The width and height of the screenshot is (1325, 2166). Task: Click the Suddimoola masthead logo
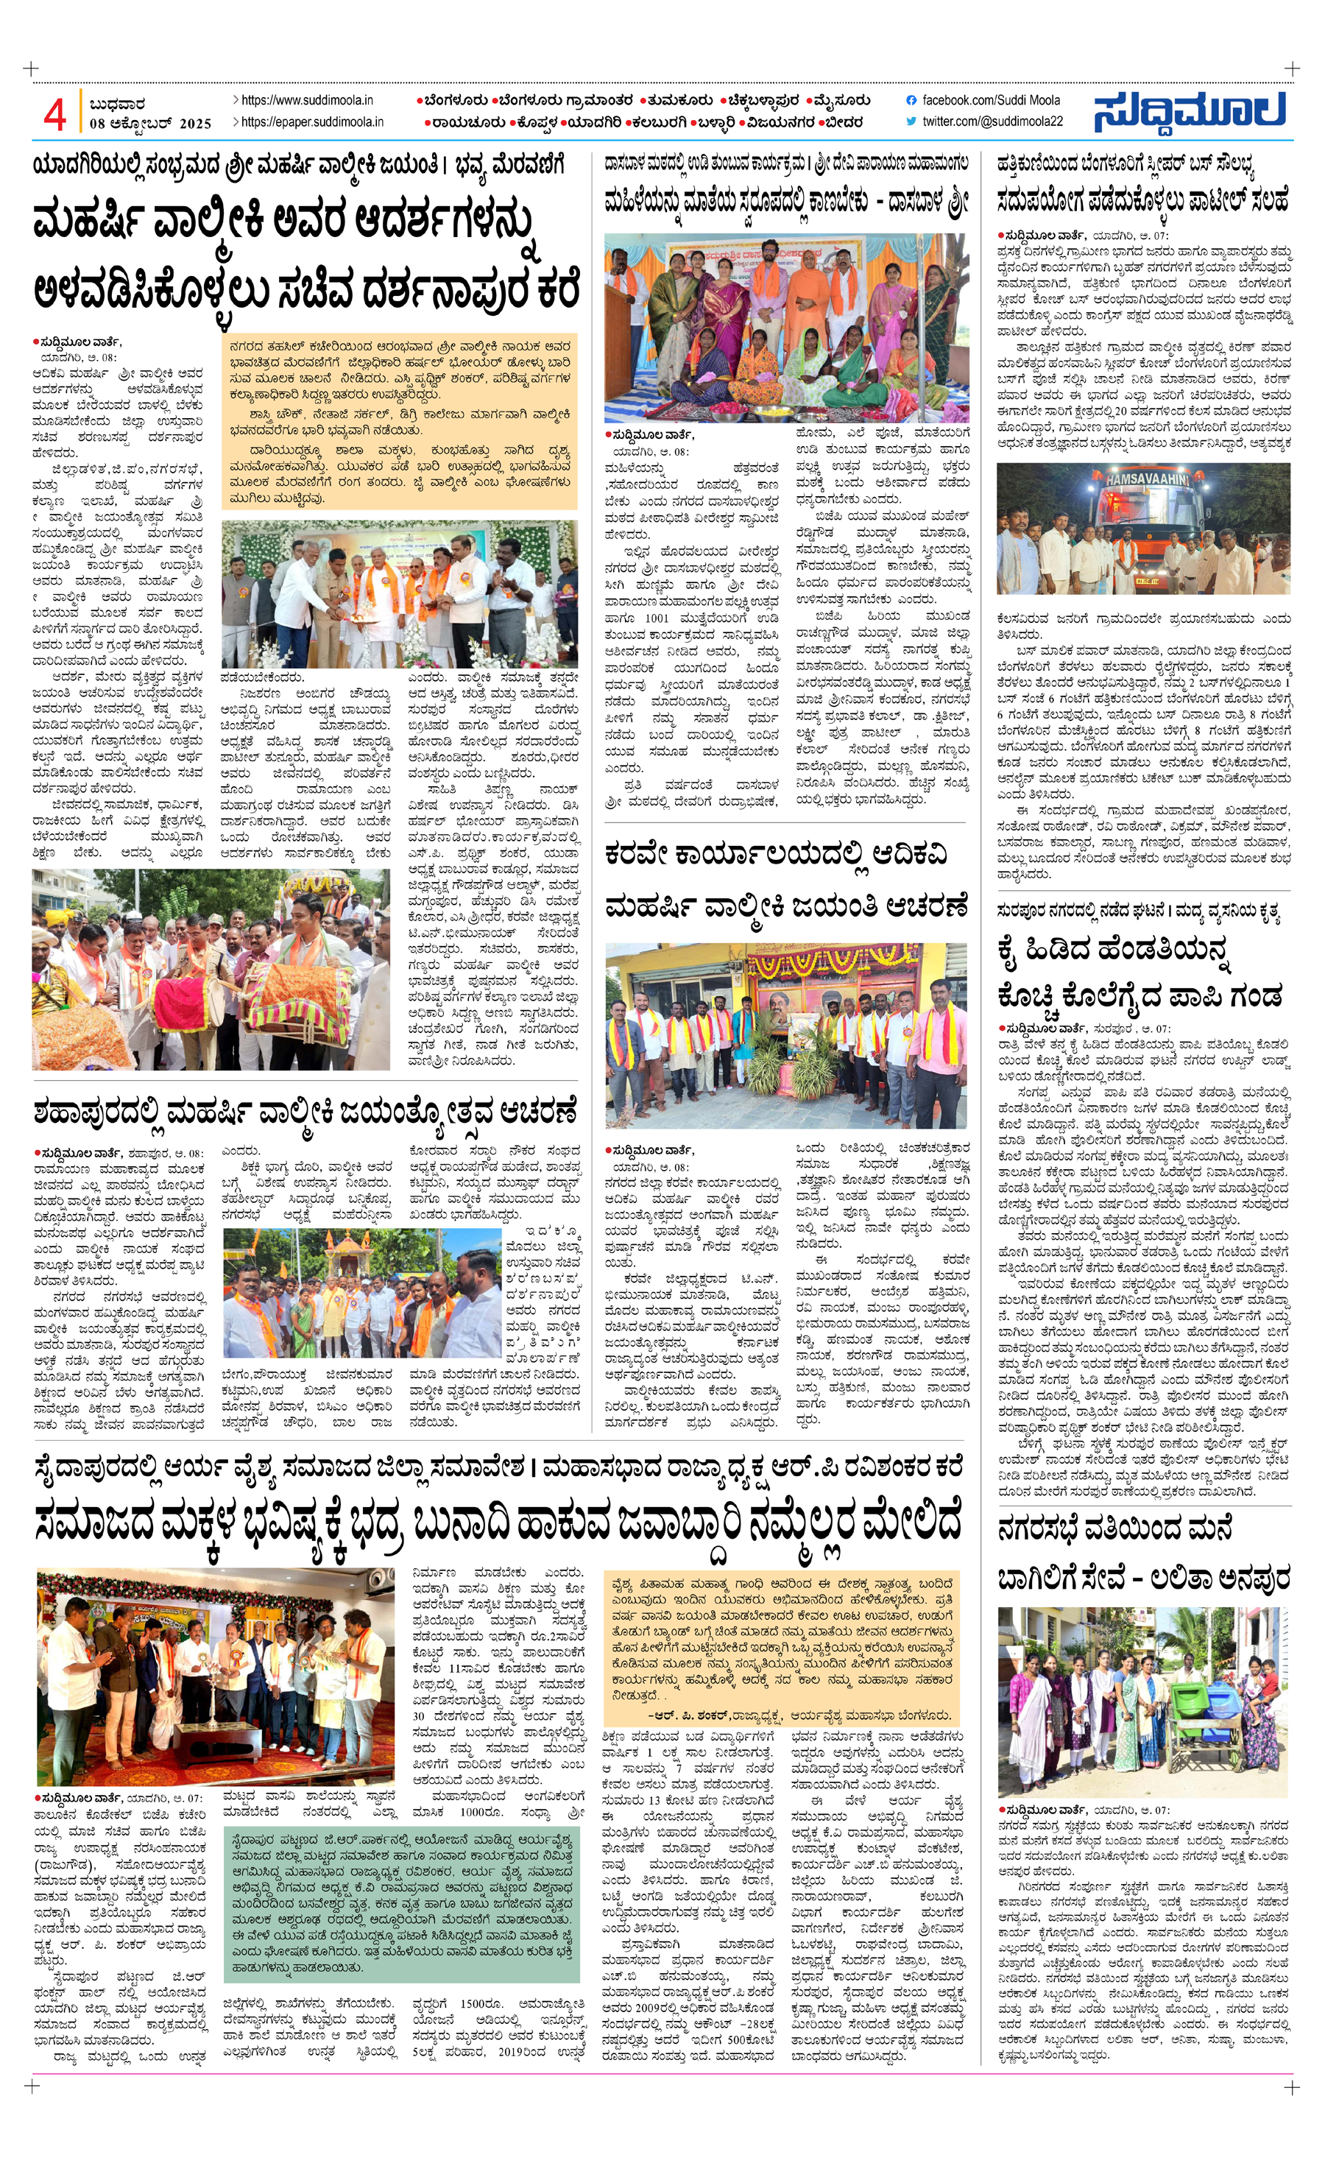pos(1190,113)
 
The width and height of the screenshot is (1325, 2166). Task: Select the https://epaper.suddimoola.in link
pos(311,122)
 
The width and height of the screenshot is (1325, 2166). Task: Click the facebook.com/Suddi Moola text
pos(990,100)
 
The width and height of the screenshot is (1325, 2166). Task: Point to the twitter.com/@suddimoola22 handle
pos(991,121)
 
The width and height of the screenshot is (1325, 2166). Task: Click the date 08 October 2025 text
pos(150,124)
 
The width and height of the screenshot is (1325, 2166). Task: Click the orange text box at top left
pos(400,422)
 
